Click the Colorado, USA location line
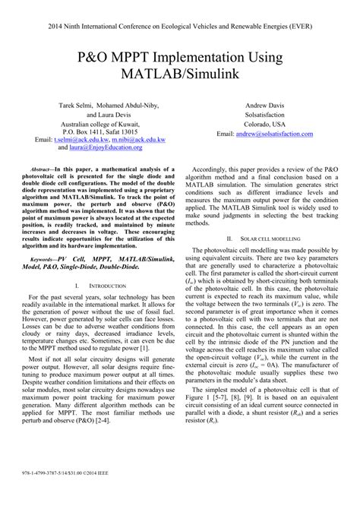tap(265, 123)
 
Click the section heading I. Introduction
tap(99, 286)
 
